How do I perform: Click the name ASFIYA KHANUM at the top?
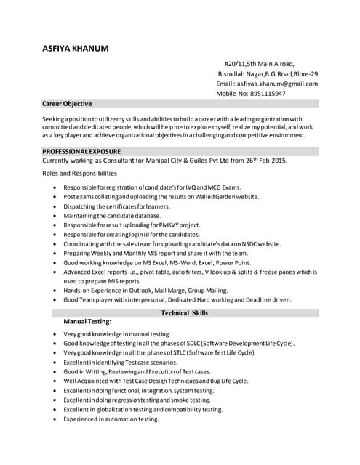76,49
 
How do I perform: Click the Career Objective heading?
67,104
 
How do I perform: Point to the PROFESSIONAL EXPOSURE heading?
81,150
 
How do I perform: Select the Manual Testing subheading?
88,320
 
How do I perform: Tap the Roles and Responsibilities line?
79,174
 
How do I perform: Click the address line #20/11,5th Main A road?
259,63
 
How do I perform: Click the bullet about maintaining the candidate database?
112,216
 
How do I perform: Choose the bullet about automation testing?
111,419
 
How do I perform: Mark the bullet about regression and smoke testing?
137,400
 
